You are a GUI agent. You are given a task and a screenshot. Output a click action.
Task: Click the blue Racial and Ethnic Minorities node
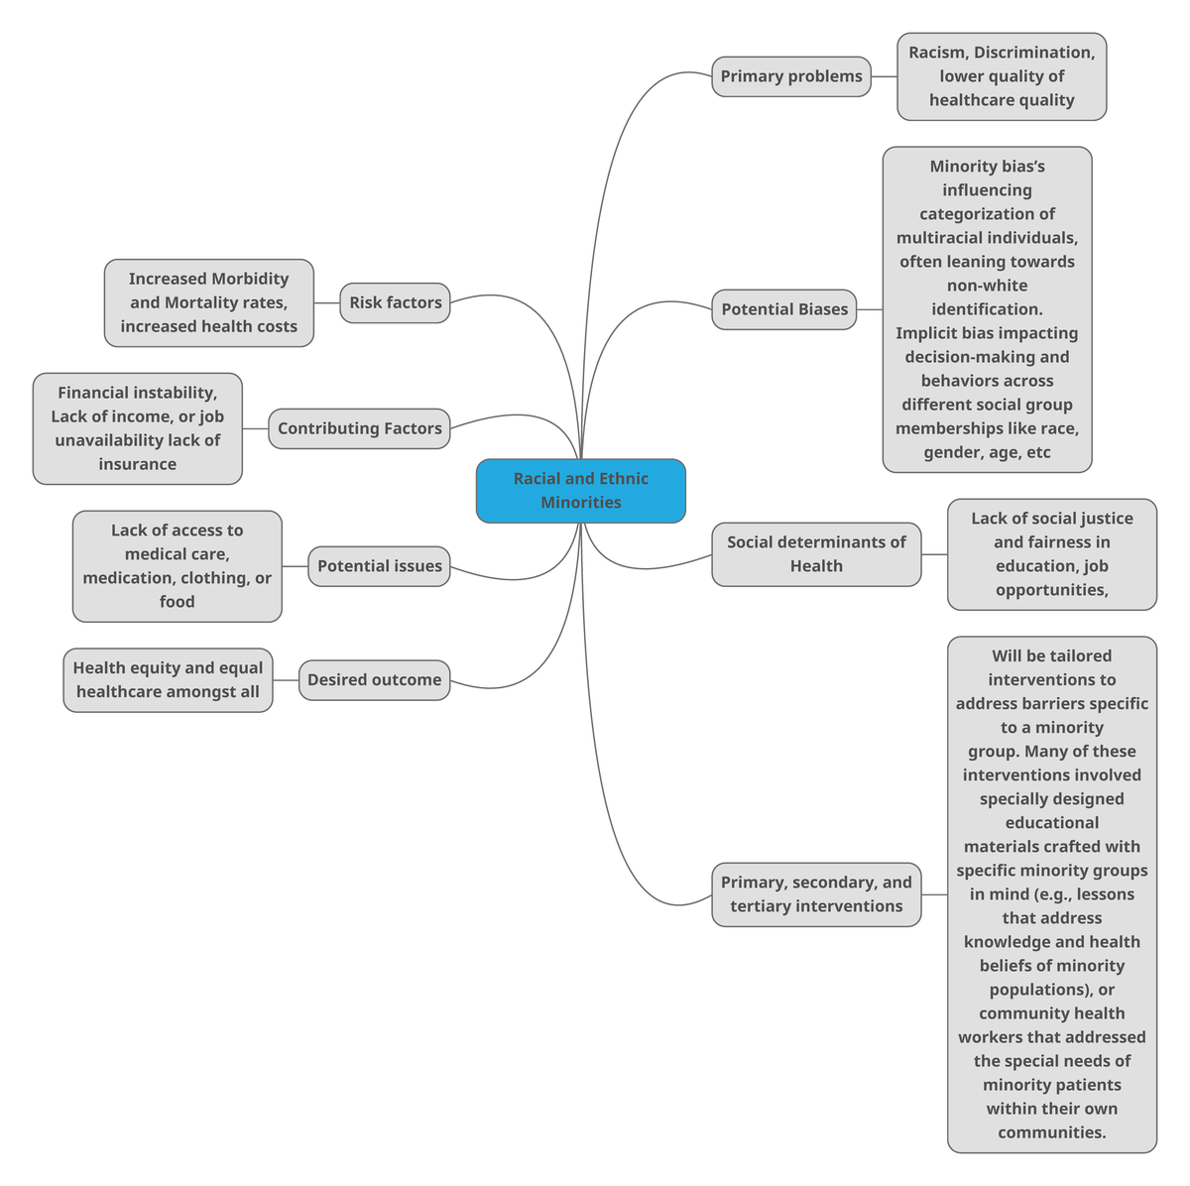580,490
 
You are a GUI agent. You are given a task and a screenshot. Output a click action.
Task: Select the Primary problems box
790,76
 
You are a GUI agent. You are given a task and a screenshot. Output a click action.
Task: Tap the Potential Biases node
783,309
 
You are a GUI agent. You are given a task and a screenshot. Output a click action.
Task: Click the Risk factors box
395,302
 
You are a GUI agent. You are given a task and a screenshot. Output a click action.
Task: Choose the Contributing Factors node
359,428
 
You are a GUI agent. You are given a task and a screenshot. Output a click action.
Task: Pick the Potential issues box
379,566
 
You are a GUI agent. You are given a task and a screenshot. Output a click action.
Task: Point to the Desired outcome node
374,680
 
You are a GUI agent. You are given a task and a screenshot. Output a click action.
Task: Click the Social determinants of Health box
815,554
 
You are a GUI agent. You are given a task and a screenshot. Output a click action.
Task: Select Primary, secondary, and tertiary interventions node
815,894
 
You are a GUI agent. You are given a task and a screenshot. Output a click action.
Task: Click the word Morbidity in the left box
250,279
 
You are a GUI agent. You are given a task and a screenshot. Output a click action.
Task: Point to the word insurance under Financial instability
137,464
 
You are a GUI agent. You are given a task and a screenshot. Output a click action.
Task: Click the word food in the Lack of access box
177,602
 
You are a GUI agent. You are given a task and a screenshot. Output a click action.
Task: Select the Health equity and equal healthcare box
168,680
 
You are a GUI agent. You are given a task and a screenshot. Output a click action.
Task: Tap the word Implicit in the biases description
925,333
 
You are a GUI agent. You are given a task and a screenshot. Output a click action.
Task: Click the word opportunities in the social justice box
1050,590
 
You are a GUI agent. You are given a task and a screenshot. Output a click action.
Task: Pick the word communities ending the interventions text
1050,1132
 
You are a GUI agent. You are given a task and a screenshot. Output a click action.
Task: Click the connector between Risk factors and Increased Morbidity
326,302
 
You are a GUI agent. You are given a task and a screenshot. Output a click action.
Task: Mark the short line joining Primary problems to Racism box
884,76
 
